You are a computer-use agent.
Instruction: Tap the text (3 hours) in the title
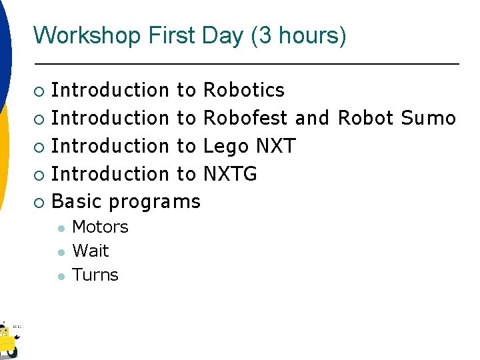click(298, 35)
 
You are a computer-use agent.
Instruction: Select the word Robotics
click(243, 90)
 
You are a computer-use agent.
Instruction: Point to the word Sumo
click(428, 118)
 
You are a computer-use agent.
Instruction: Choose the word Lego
click(225, 146)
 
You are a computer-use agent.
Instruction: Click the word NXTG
click(230, 174)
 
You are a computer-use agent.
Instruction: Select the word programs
click(154, 202)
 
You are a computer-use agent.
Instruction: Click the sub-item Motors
click(100, 227)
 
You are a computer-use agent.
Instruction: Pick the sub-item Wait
click(90, 251)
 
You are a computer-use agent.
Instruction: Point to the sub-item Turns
click(95, 275)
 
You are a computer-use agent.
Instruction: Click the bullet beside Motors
click(60, 228)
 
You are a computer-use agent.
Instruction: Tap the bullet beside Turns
click(60, 276)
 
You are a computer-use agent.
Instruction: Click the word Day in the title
click(223, 35)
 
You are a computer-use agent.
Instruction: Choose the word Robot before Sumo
click(366, 118)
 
